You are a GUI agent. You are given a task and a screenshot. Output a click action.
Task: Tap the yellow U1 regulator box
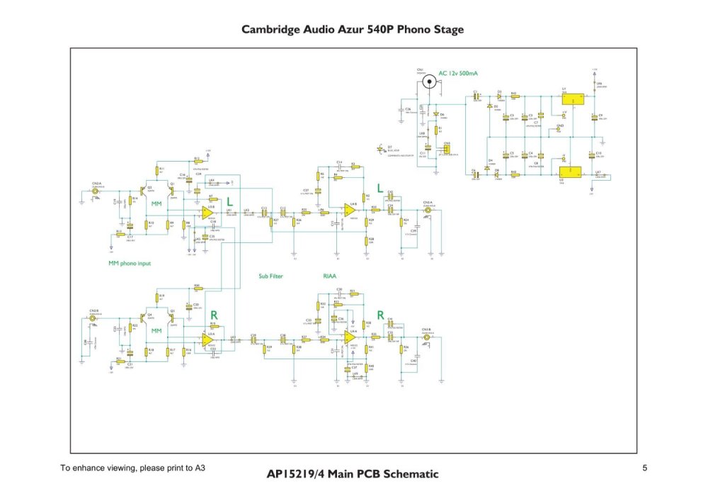click(571, 99)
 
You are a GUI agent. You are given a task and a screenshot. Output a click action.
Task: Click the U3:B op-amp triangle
click(207, 211)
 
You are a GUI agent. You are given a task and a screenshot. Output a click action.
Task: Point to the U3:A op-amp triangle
click(207, 340)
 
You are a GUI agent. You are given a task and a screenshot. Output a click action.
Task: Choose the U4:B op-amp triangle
click(350, 210)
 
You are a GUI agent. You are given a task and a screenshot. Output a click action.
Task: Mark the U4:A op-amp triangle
click(350, 338)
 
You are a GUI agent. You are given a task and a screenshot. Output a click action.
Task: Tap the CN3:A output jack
click(427, 210)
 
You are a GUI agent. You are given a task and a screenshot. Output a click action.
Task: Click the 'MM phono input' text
click(130, 264)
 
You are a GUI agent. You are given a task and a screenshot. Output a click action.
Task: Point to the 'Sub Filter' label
click(270, 276)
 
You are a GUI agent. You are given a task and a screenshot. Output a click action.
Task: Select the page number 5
click(644, 468)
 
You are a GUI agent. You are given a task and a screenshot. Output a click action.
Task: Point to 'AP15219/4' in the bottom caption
click(296, 474)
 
